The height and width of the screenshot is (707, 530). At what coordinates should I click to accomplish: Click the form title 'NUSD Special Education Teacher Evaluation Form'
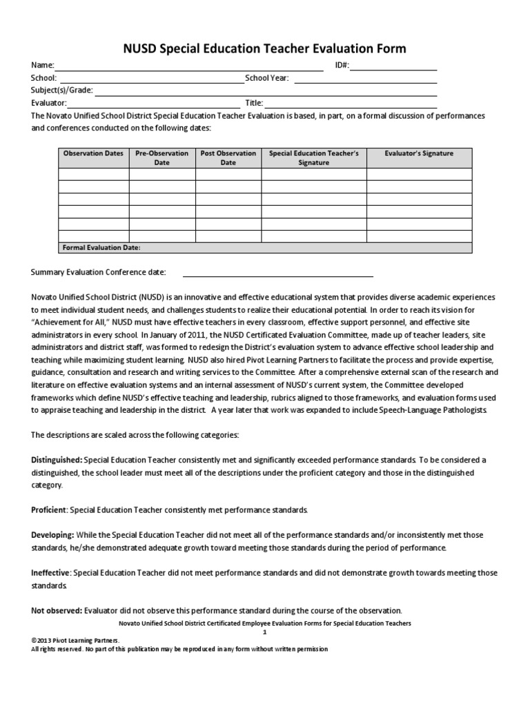264,48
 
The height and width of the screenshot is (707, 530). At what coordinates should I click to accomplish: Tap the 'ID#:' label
342,66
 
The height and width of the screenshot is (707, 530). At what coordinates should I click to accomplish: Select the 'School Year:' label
267,78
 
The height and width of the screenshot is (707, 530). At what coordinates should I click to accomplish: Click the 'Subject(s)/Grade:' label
61,90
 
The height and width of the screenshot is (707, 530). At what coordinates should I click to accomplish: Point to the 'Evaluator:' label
48,103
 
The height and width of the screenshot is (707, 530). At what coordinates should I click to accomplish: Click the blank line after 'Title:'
352,103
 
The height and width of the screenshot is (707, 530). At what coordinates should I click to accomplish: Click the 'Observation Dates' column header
93,153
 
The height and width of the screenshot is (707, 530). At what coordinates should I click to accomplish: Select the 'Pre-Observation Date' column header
161,157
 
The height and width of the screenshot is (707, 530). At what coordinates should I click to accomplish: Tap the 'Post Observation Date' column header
228,157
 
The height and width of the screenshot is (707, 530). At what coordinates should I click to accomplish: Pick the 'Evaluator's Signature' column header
419,153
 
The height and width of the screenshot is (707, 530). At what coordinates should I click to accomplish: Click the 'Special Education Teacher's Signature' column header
313,157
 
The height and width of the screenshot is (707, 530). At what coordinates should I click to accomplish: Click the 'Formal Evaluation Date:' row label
101,247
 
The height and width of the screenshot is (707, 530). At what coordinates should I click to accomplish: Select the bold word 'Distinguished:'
57,460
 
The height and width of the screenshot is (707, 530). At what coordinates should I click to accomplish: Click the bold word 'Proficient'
49,510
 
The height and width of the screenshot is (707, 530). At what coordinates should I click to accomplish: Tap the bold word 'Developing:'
52,535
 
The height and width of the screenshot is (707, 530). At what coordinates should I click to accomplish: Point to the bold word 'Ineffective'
50,573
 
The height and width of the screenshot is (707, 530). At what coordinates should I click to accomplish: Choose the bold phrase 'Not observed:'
57,610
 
